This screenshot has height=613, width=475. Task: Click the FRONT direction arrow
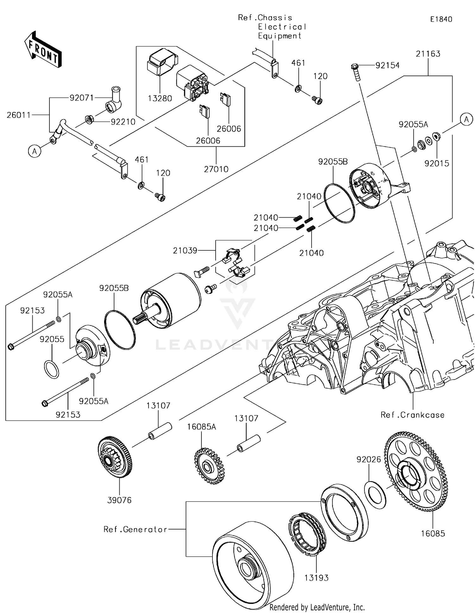pyautogui.click(x=43, y=49)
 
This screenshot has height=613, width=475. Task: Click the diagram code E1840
pyautogui.click(x=441, y=19)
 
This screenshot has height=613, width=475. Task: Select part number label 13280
pyautogui.click(x=160, y=98)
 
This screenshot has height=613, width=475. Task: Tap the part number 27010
pyautogui.click(x=216, y=169)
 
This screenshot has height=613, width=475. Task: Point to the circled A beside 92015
pyautogui.click(x=466, y=120)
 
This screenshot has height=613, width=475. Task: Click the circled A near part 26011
pyautogui.click(x=35, y=152)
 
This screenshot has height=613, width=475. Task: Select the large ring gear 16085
pyautogui.click(x=416, y=472)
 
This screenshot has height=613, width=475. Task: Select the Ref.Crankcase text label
pyautogui.click(x=412, y=415)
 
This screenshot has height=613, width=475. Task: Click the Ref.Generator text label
pyautogui.click(x=135, y=529)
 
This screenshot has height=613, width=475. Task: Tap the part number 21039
pyautogui.click(x=185, y=251)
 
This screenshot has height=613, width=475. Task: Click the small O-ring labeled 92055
pyautogui.click(x=51, y=369)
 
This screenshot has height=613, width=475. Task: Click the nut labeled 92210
pyautogui.click(x=90, y=120)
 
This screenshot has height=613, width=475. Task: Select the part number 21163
pyautogui.click(x=428, y=54)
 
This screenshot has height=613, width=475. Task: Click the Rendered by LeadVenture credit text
pyautogui.click(x=317, y=607)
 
